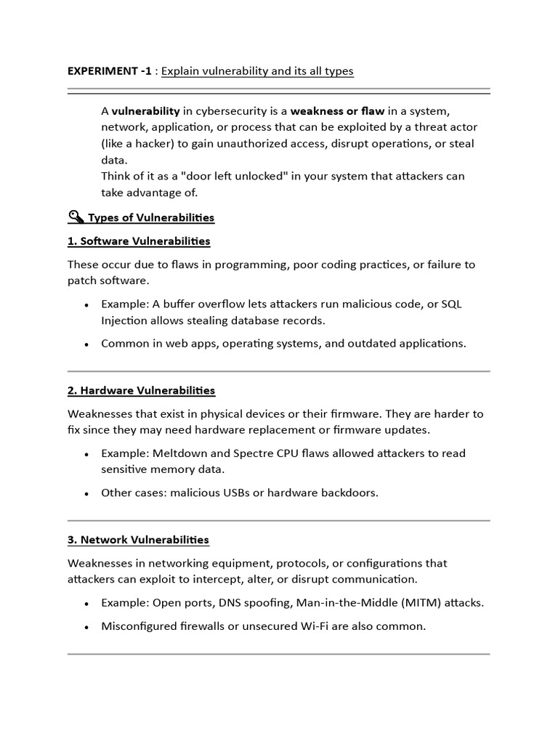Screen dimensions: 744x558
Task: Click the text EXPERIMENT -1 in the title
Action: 110,71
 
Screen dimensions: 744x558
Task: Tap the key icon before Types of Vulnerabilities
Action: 76,217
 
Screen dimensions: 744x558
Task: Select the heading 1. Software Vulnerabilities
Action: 139,240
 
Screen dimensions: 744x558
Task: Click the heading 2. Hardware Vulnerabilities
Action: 142,390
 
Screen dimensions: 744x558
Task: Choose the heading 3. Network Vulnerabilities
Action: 138,539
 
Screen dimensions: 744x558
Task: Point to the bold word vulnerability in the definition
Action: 145,111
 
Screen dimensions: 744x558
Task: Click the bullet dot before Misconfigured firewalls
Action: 87,626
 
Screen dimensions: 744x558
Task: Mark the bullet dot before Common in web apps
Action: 87,344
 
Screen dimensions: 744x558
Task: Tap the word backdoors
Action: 352,492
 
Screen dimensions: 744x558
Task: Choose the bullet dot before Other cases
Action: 87,493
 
